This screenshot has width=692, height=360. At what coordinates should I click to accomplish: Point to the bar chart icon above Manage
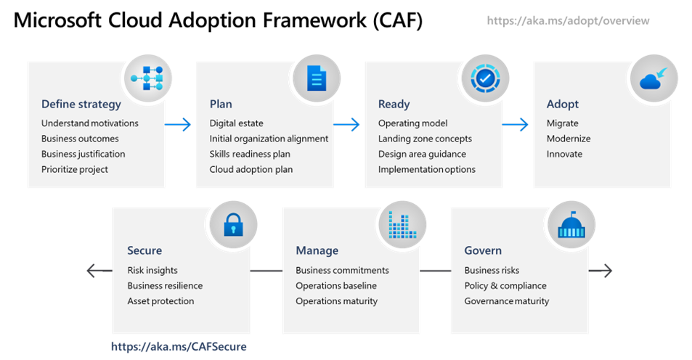click(402, 225)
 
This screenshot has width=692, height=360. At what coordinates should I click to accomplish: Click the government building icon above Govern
click(571, 225)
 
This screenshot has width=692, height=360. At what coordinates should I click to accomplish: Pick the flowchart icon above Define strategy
click(148, 78)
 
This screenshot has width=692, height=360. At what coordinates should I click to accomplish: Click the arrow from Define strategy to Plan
click(177, 125)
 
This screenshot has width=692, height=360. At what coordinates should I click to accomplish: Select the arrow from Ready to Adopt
click(515, 125)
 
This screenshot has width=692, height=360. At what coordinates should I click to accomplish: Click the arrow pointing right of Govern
click(600, 271)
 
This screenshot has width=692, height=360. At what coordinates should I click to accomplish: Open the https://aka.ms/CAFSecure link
click(179, 347)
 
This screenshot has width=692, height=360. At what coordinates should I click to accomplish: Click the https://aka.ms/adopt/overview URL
click(568, 21)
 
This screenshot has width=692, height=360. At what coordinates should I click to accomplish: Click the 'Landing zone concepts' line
click(425, 139)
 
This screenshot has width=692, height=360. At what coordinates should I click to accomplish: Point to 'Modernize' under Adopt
click(569, 139)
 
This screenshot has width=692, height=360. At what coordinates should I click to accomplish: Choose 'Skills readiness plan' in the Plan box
click(250, 154)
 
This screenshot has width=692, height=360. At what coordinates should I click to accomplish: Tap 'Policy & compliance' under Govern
click(505, 285)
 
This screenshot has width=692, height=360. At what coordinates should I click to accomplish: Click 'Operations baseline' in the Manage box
click(336, 285)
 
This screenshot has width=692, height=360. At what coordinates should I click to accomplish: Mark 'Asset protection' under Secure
click(160, 300)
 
